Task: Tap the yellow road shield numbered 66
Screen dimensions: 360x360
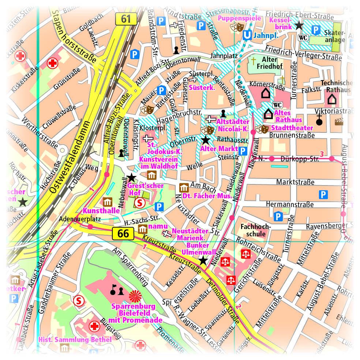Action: (123, 233)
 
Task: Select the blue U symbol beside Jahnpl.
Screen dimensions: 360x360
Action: (247, 35)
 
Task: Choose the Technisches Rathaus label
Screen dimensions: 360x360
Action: (336, 86)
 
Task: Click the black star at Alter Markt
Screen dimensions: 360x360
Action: (206, 140)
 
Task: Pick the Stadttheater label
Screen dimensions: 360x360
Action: (292, 128)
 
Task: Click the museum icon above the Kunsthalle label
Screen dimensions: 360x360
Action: (107, 202)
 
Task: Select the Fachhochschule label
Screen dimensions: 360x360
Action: (256, 230)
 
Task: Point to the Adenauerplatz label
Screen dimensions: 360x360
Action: (76, 219)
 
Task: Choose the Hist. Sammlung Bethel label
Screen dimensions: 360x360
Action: (75, 340)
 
